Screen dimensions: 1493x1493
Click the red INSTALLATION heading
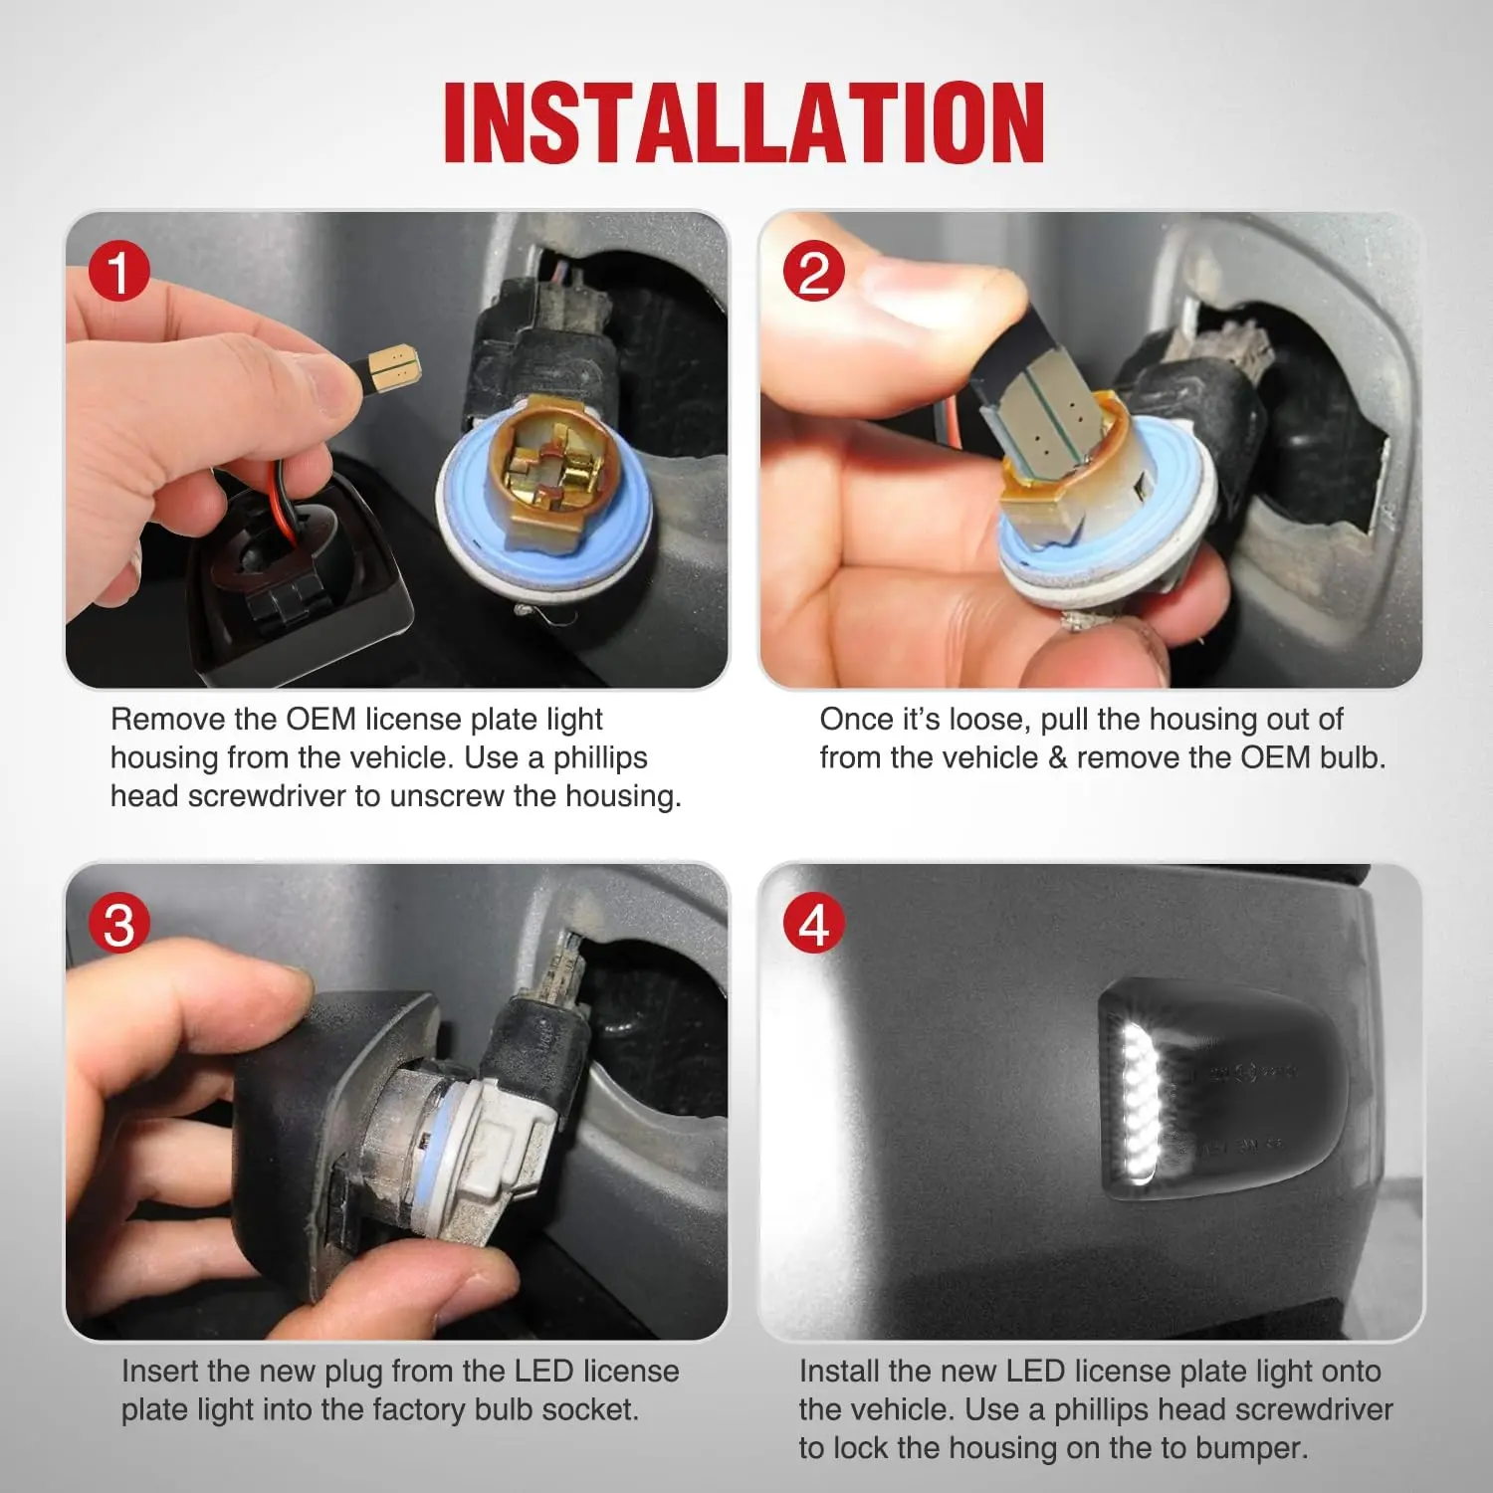[745, 122]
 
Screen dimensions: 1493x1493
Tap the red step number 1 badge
[118, 273]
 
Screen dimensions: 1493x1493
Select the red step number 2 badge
[813, 273]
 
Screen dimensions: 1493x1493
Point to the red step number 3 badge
[118, 925]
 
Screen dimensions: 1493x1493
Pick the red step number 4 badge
[813, 925]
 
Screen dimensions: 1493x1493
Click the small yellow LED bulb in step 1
[393, 368]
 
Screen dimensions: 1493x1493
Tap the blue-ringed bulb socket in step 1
[543, 498]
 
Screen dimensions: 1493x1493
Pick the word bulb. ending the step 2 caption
[1353, 757]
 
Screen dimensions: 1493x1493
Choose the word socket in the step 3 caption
[591, 1409]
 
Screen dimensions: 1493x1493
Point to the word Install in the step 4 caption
[839, 1371]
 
